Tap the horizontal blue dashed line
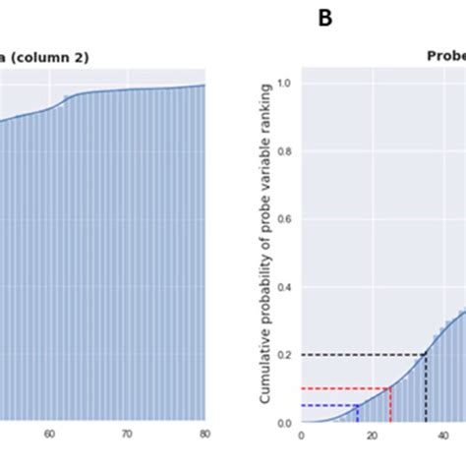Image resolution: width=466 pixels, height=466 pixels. (x=328, y=405)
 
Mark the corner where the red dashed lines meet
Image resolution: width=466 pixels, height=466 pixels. (x=390, y=388)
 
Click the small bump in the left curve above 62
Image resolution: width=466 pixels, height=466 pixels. (x=66, y=97)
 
